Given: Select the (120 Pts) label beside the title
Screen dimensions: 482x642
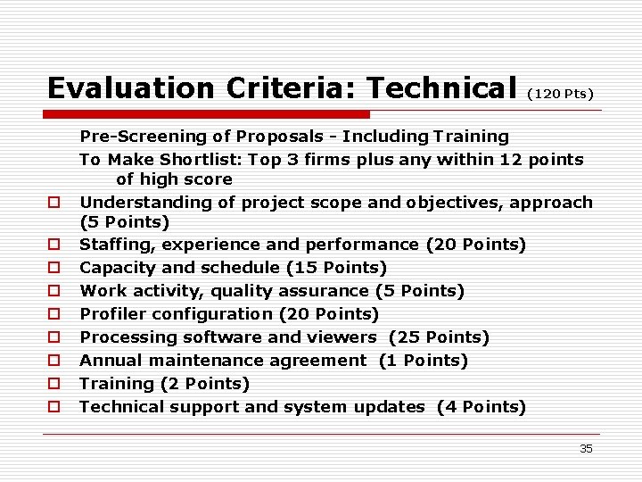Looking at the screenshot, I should coord(561,93).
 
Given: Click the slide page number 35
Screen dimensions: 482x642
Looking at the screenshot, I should coord(586,448).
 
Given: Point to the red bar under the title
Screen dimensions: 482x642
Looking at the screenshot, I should coord(209,114).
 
